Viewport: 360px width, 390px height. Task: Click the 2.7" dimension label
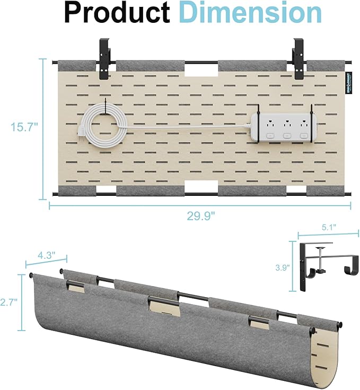pos(10,301)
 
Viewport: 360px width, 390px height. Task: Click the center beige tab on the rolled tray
pos(164,306)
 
